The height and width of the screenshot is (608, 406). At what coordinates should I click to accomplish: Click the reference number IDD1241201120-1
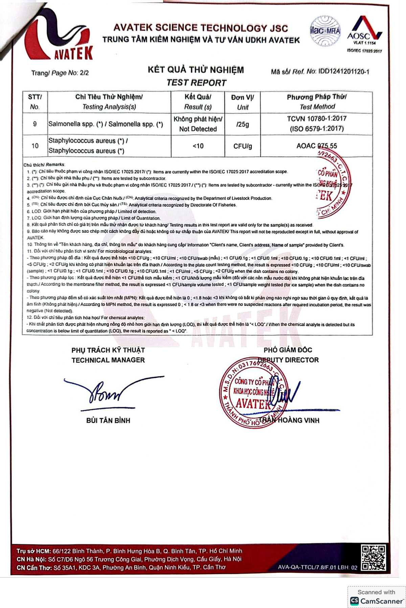tap(343, 72)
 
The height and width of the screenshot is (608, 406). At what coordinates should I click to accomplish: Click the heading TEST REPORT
tap(196, 83)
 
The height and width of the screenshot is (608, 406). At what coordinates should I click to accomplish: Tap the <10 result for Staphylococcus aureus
tap(198, 146)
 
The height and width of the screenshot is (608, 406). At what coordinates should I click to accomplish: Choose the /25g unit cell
tap(243, 124)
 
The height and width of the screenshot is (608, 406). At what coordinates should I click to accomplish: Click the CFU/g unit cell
tap(243, 146)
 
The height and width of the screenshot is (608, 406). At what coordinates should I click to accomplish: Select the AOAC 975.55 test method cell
tap(317, 146)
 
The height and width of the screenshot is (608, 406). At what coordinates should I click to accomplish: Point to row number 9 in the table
tap(35, 124)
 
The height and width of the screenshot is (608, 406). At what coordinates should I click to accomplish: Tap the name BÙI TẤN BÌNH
tap(108, 420)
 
